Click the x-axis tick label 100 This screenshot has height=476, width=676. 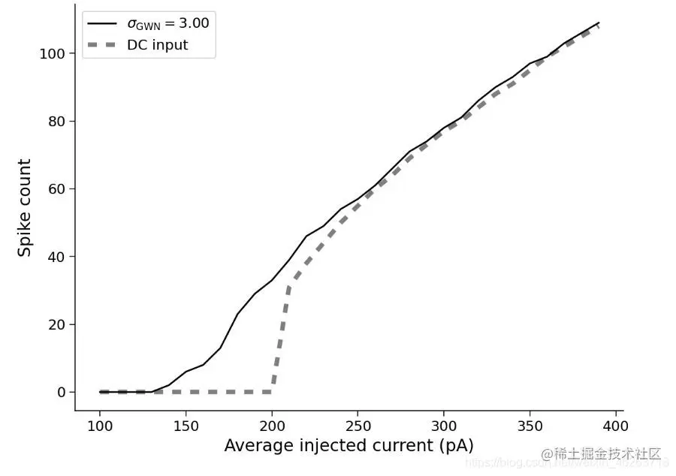tap(100, 425)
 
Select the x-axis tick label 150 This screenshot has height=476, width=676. tap(186, 425)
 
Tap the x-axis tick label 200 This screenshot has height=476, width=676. tap(272, 425)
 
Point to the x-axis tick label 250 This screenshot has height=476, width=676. tap(358, 425)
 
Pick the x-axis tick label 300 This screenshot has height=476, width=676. tap(444, 425)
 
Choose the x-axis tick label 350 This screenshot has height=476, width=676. tap(530, 425)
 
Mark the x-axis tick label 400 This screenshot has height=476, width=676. tap(616, 425)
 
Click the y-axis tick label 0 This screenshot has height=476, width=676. tap(62, 392)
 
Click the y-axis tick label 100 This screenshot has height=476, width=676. tap(54, 54)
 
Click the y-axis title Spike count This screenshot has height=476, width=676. tap(25, 208)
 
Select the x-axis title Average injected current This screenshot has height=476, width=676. tap(349, 445)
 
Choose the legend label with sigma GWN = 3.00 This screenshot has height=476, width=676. tap(167, 23)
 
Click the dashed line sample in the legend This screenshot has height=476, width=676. tap(102, 45)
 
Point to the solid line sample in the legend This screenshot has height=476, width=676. tap(102, 23)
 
